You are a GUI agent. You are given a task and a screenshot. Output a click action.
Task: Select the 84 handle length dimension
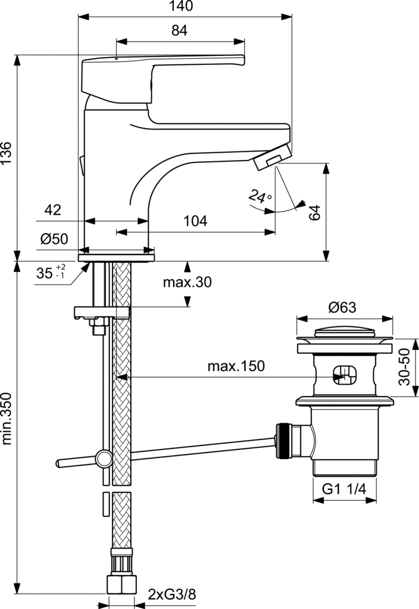coord(179,32)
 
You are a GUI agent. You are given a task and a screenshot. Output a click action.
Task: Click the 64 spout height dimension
coord(315,212)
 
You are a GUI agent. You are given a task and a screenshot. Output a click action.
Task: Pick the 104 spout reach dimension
coord(195,221)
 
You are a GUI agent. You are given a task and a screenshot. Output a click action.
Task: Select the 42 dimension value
coord(53,209)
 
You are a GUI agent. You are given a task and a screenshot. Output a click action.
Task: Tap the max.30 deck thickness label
coord(187,282)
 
